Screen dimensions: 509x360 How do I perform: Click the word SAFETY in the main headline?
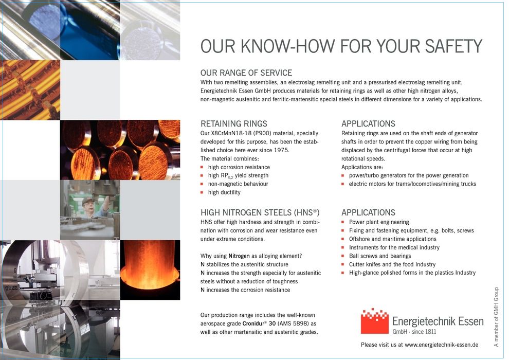[453, 46]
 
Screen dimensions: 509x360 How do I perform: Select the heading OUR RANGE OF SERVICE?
[246, 73]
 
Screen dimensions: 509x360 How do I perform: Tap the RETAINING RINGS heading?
[234, 123]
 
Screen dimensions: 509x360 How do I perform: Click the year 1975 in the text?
[281, 150]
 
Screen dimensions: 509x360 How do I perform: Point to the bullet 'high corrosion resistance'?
[239, 167]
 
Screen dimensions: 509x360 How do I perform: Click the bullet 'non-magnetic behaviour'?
[238, 184]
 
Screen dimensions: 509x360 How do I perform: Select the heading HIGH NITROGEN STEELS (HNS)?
[260, 212]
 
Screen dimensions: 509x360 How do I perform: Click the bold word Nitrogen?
[239, 256]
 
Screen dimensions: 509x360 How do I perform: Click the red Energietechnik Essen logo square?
[375, 321]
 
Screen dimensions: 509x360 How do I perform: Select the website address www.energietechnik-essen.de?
[442, 345]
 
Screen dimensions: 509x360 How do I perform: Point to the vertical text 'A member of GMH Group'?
[496, 317]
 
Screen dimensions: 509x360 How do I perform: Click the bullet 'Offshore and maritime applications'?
[392, 239]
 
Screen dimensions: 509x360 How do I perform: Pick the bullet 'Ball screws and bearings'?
[380, 256]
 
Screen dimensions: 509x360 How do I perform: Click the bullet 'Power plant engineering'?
[379, 222]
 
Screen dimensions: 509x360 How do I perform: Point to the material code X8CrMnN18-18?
[229, 133]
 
